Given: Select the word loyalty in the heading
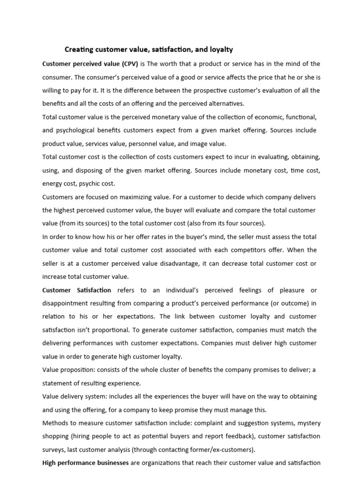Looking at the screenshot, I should pyautogui.click(x=220, y=49).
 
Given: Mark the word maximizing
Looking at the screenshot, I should pyautogui.click(x=142, y=197).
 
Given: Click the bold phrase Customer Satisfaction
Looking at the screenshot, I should pyautogui.click(x=77, y=290).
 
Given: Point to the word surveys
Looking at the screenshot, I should pyautogui.click(x=55, y=450).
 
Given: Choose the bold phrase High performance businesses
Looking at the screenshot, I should pyautogui.click(x=85, y=463).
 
